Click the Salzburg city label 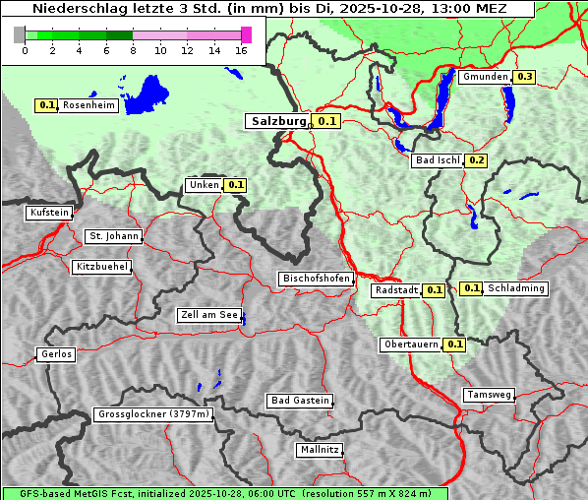279,121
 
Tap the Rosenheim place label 88,105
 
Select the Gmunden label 485,77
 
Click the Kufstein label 49,213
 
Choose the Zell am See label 209,316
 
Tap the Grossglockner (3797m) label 154,415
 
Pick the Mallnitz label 320,450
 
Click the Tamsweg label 489,395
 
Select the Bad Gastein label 300,401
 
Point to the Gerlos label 56,354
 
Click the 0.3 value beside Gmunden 525,77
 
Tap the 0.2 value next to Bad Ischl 477,160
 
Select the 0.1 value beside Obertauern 455,344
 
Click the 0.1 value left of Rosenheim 46,105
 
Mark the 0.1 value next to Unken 236,184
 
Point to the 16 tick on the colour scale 241,51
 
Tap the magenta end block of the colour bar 246,35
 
